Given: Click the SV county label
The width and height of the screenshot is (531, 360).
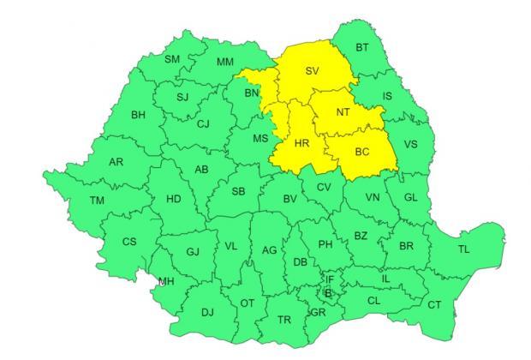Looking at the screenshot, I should [313, 71].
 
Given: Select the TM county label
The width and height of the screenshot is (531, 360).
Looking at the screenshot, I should [98, 201].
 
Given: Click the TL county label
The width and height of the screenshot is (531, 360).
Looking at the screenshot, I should [463, 249].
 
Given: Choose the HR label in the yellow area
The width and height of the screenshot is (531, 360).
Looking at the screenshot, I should [301, 144].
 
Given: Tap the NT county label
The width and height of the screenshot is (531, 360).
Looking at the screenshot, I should [343, 112].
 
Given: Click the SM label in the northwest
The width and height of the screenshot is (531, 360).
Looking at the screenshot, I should [172, 59].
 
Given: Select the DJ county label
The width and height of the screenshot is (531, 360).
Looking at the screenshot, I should [207, 312].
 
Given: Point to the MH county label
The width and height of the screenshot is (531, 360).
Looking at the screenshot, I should [166, 280].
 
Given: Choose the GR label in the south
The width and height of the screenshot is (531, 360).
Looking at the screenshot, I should [319, 312].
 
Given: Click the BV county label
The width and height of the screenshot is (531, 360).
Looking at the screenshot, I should [290, 200].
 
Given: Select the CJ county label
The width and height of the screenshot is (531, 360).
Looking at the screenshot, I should [203, 124].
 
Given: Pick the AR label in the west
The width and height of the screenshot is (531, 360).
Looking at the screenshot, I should [117, 162].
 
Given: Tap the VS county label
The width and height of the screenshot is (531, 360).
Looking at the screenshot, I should [410, 145].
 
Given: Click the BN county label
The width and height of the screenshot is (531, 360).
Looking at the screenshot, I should [251, 93].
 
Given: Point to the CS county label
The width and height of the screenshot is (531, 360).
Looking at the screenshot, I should [128, 242].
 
